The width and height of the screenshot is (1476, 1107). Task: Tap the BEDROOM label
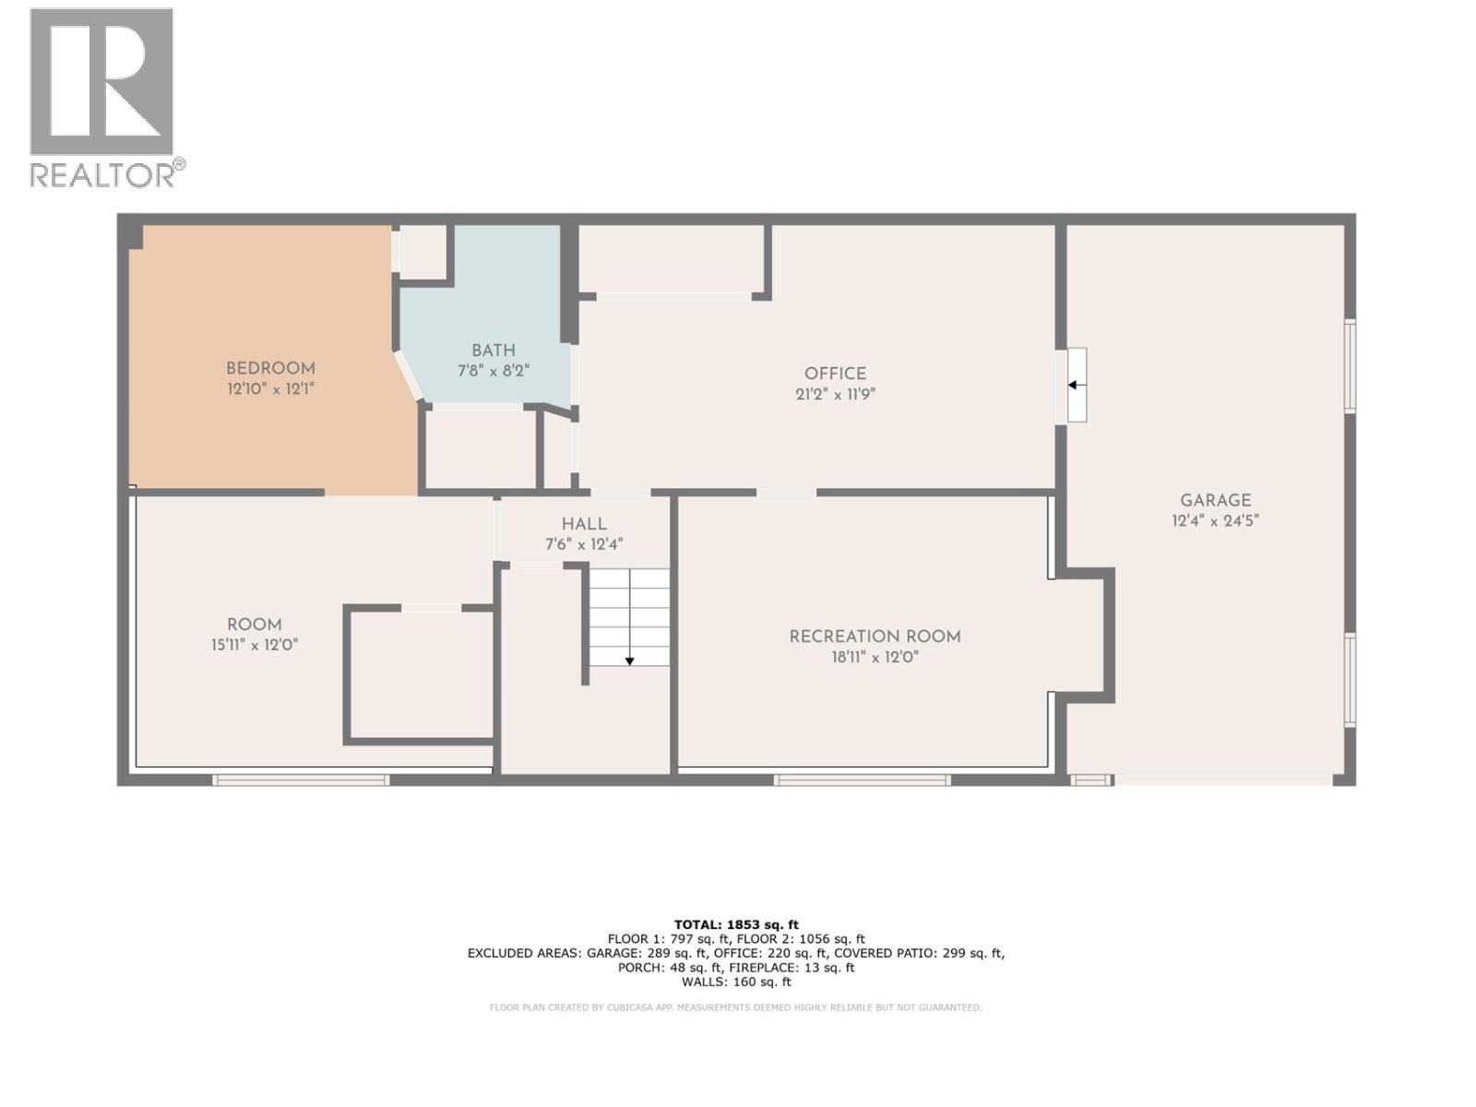pos(270,368)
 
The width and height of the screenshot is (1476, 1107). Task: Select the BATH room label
pos(494,351)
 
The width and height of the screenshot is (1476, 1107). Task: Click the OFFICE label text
pos(835,374)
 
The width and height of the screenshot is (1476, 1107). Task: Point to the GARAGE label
pos(1215,500)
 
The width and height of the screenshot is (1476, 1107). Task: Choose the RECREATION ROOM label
pos(875,637)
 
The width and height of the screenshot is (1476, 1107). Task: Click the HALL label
pos(584,524)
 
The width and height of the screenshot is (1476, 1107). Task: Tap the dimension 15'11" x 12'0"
pos(255,645)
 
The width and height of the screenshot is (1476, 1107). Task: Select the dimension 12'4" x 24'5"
pos(1215,520)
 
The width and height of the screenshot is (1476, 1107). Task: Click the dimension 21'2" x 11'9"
pos(835,394)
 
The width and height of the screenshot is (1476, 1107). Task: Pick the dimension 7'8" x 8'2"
pos(494,371)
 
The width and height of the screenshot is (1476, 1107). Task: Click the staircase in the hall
pos(629,616)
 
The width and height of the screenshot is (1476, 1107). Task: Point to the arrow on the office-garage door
pos(1077,385)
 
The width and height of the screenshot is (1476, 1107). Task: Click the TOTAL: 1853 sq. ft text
pos(736,924)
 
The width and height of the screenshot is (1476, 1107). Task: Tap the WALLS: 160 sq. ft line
pos(736,982)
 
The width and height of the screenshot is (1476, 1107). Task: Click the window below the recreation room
pos(862,780)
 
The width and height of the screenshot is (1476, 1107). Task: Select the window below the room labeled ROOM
pos(301,780)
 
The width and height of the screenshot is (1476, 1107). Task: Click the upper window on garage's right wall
pos(1350,364)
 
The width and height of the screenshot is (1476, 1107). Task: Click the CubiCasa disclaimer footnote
pos(736,1007)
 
